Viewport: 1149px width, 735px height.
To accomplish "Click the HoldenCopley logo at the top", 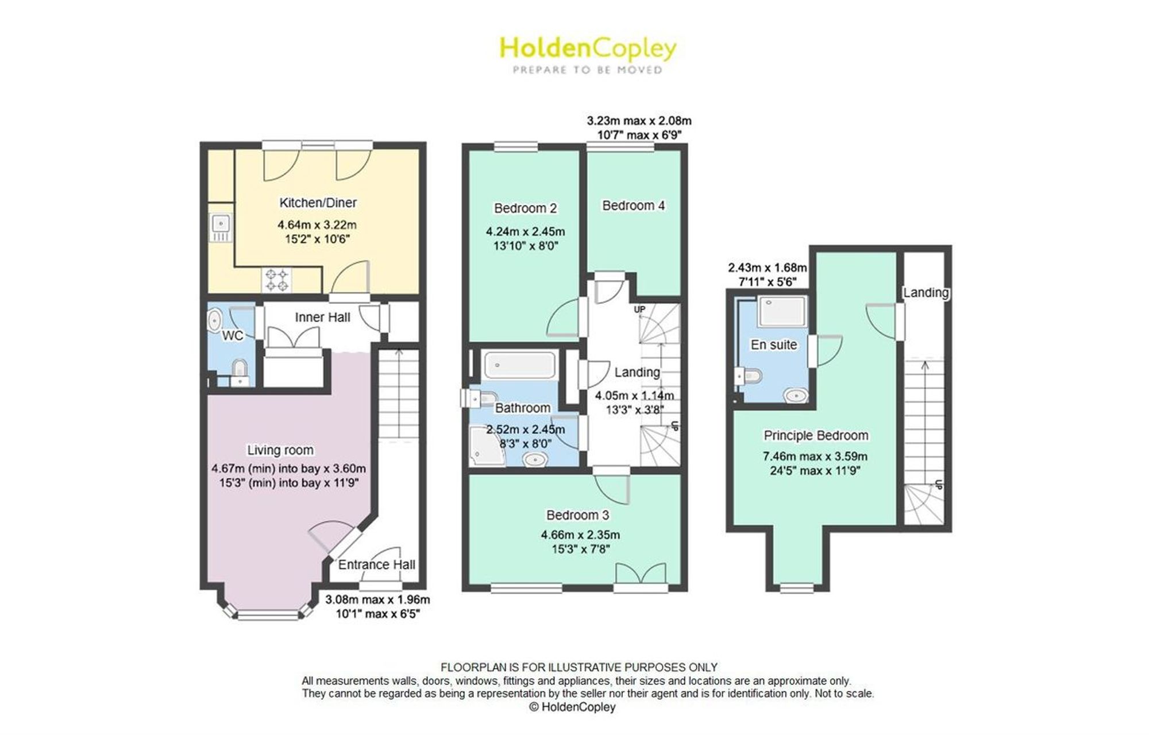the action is (x=588, y=55).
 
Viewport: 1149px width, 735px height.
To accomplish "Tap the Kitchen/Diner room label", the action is (x=318, y=203).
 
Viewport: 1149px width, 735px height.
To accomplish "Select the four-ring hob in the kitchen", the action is (x=276, y=280).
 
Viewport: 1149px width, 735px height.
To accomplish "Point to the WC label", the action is (x=233, y=335).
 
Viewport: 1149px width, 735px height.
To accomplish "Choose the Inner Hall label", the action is (x=322, y=318).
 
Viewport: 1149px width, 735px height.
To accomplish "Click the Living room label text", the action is (x=280, y=450).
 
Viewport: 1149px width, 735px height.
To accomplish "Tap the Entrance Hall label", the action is (x=376, y=564).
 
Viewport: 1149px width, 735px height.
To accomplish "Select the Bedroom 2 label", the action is (x=525, y=208).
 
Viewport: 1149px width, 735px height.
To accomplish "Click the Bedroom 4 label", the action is (x=633, y=205).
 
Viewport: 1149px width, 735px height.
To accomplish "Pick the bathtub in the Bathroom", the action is (x=519, y=365).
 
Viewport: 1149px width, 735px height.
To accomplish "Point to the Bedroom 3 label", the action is (x=577, y=515).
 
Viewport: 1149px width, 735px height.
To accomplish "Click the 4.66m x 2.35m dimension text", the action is (x=580, y=535).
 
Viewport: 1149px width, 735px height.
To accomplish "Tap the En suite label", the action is (x=774, y=345).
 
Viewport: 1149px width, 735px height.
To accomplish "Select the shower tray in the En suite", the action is (x=782, y=312).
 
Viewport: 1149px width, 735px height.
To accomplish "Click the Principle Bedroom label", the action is (x=816, y=435).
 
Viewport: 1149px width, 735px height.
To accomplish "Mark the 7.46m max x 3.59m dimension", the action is (x=815, y=457).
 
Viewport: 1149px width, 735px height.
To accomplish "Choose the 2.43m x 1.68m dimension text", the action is (x=767, y=268).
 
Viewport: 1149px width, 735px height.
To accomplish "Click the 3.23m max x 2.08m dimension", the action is (x=639, y=121).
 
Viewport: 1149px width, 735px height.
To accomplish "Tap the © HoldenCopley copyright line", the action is (x=572, y=707).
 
